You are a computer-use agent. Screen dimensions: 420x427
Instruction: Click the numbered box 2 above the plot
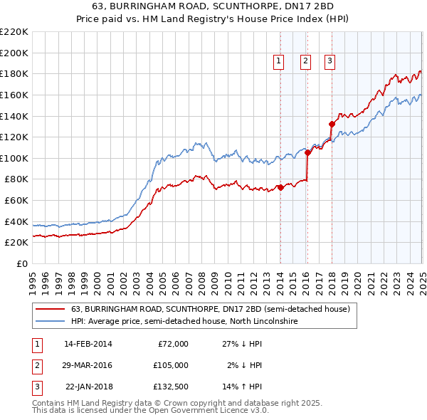tap(305, 62)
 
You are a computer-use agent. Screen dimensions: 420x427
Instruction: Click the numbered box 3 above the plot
tap(330, 62)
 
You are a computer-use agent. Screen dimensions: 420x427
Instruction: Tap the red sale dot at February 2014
tap(280, 187)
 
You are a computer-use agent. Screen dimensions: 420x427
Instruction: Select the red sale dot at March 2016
tap(307, 152)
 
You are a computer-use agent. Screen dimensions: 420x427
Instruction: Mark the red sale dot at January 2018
tap(332, 124)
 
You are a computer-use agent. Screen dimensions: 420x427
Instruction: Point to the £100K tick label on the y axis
tap(14, 158)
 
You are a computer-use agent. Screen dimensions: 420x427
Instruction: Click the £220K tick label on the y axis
tap(14, 32)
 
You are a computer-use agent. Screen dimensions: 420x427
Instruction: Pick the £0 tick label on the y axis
tap(21, 263)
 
